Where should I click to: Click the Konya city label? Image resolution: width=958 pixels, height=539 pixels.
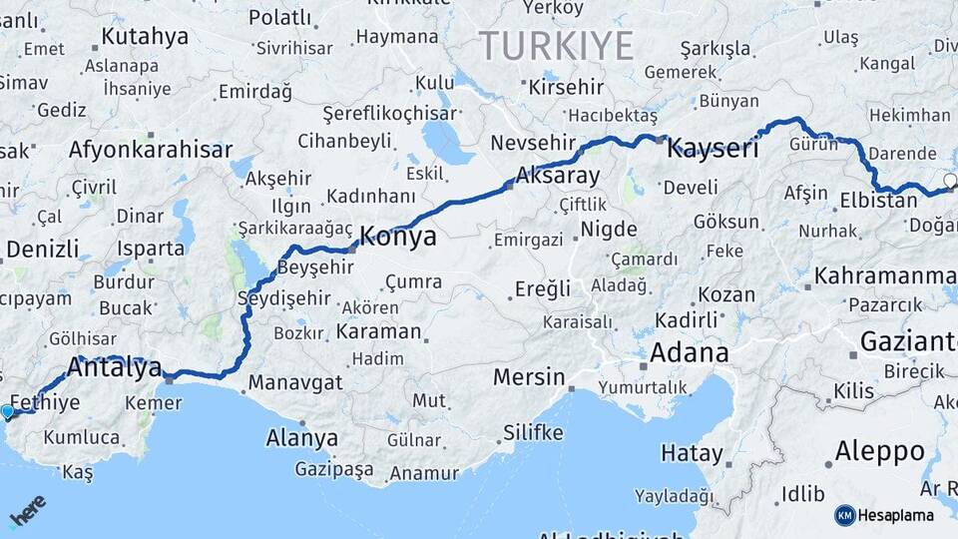(397, 237)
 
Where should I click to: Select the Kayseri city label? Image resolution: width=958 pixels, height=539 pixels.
(713, 150)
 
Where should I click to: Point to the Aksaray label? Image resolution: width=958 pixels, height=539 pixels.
(557, 177)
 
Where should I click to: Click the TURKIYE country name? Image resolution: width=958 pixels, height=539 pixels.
(556, 45)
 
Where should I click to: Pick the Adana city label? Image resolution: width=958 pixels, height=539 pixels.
(690, 353)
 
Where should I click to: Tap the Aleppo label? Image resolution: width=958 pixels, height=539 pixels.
(879, 450)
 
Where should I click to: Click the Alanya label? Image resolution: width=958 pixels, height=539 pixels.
(301, 437)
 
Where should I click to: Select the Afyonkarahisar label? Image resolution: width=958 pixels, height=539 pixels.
(151, 151)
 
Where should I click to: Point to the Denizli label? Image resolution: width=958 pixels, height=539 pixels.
(43, 249)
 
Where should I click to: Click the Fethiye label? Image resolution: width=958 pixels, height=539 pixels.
(45, 403)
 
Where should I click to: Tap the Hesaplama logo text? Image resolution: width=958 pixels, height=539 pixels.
(895, 515)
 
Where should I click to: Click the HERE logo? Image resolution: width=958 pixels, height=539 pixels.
(28, 511)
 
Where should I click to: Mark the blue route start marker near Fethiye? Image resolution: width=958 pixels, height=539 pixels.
(8, 411)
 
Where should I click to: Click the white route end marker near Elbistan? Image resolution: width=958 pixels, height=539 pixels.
(950, 181)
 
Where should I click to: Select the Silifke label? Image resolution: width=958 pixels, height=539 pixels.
(533, 432)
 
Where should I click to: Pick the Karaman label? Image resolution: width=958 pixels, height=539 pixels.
(378, 331)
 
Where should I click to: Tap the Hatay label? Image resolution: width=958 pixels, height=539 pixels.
(692, 453)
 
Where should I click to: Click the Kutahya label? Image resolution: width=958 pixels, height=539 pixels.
(145, 37)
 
